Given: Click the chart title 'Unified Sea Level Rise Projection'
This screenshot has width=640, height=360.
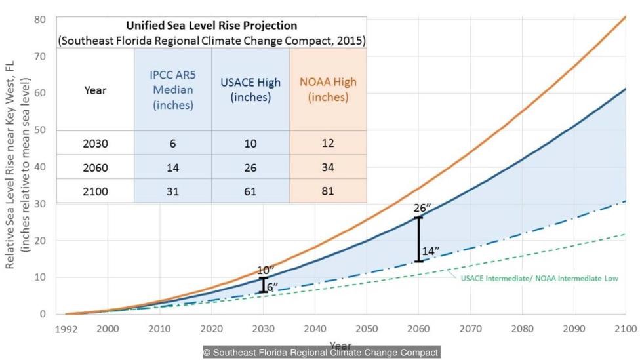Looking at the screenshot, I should [x=212, y=26].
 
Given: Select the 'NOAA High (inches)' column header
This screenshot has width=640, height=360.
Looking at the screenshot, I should [x=328, y=90].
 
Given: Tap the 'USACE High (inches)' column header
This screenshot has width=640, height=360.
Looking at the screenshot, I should [x=250, y=90].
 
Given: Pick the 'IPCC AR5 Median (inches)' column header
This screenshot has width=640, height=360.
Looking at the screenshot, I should [x=172, y=90].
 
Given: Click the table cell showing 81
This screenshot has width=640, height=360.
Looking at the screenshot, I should [x=328, y=191].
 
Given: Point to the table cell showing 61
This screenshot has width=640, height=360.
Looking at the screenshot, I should [x=250, y=191].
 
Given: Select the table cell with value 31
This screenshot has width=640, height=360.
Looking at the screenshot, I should [x=172, y=191].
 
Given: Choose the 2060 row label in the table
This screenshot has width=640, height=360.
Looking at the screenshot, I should [x=95, y=167].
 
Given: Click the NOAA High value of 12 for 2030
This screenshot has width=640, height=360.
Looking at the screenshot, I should [x=328, y=143].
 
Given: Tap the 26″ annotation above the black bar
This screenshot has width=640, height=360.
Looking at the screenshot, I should [x=422, y=209].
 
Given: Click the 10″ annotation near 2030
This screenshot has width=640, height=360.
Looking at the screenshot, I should [x=265, y=270].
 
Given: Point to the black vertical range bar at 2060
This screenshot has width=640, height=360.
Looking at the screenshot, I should [x=418, y=239].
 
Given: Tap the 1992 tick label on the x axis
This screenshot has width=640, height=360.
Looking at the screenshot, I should [x=66, y=327].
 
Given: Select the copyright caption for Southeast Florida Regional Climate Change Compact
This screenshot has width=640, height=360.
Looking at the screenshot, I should [x=320, y=353].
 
